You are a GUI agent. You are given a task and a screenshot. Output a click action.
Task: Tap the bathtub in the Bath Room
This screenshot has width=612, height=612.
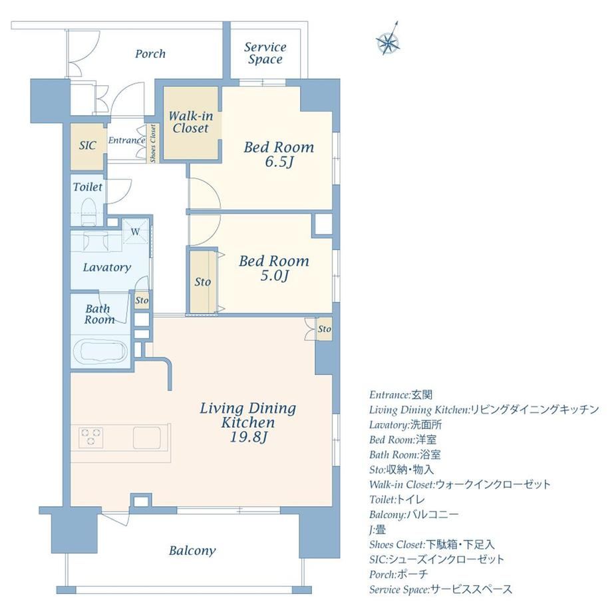100,353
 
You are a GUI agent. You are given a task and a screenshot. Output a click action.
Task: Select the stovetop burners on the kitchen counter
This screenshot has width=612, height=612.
91,437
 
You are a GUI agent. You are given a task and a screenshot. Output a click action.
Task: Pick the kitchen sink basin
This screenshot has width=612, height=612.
147,438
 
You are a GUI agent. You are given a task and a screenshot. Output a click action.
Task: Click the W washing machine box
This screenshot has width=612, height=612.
136,231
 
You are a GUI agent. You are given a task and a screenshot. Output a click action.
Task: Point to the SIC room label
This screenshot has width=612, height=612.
87,146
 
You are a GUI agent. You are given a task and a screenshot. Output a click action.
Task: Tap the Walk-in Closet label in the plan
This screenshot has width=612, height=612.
191,122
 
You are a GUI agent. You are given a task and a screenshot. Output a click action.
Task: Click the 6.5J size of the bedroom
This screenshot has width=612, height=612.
279,162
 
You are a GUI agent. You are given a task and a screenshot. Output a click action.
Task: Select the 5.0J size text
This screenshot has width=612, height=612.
274,275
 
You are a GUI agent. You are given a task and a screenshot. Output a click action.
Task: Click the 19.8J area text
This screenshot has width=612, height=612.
248,437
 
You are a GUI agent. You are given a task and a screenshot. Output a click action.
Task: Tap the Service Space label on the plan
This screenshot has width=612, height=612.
265,53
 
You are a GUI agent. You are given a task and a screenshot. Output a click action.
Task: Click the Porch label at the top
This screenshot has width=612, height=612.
150,53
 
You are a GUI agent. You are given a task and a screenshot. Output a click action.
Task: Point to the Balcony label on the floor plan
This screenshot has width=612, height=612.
192,551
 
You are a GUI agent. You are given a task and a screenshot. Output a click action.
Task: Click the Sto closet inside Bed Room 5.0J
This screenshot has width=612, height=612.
203,282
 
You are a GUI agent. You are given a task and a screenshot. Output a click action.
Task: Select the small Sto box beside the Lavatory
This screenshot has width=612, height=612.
142,300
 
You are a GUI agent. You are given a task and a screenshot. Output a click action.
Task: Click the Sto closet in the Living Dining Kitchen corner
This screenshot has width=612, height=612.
324,329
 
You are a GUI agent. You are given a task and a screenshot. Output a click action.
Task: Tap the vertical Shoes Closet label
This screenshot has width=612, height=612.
153,144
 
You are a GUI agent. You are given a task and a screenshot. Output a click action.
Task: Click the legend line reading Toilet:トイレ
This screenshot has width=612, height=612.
397,499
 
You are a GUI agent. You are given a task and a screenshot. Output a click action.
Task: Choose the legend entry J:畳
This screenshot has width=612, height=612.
378,530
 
